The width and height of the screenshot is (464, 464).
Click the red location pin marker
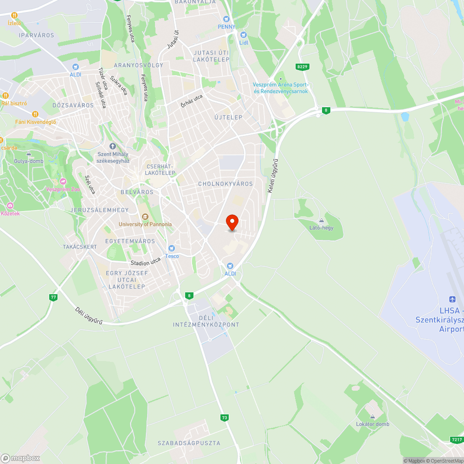click(232, 222)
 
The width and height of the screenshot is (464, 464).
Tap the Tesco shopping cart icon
click(172, 248)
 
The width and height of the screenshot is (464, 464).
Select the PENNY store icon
click(226, 19)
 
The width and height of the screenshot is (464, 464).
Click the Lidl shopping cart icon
click(243, 35)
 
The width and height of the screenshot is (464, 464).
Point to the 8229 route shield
click(302, 67)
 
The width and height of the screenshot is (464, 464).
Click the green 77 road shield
click(54, 297)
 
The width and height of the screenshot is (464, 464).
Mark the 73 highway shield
click(225, 418)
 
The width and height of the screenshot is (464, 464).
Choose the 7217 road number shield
click(457, 439)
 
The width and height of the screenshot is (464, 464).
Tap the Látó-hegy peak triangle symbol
click(321, 220)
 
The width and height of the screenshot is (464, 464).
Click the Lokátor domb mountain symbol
click(372, 416)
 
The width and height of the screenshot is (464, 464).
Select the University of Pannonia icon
click(145, 217)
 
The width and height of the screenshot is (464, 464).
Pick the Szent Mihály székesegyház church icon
click(112, 146)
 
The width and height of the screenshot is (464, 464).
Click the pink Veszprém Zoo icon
click(63, 181)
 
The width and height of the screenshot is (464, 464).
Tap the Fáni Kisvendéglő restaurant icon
click(35, 114)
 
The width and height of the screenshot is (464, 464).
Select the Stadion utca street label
click(145, 261)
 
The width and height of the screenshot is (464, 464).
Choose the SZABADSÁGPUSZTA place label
click(189, 443)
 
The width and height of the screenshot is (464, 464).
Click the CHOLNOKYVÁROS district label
click(226, 184)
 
